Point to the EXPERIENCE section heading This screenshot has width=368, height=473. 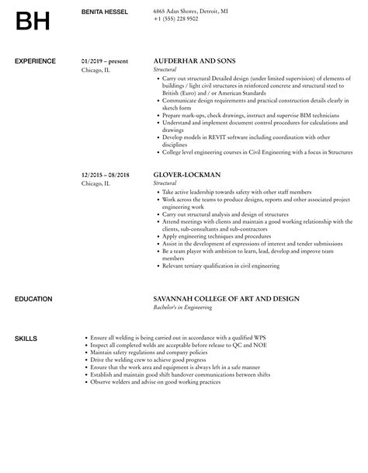pos(35,61)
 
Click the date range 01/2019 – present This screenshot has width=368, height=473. pos(104,61)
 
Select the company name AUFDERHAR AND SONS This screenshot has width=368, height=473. pos(194,61)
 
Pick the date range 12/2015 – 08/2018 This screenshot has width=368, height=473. pos(106,175)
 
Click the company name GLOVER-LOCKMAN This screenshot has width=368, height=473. pos(187,175)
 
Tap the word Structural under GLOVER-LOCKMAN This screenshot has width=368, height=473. pos(166,183)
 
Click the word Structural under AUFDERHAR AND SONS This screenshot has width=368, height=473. pos(166,69)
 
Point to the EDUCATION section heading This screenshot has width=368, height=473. pos(33,298)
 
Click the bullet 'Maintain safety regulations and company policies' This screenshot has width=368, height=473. pos(154,352)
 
